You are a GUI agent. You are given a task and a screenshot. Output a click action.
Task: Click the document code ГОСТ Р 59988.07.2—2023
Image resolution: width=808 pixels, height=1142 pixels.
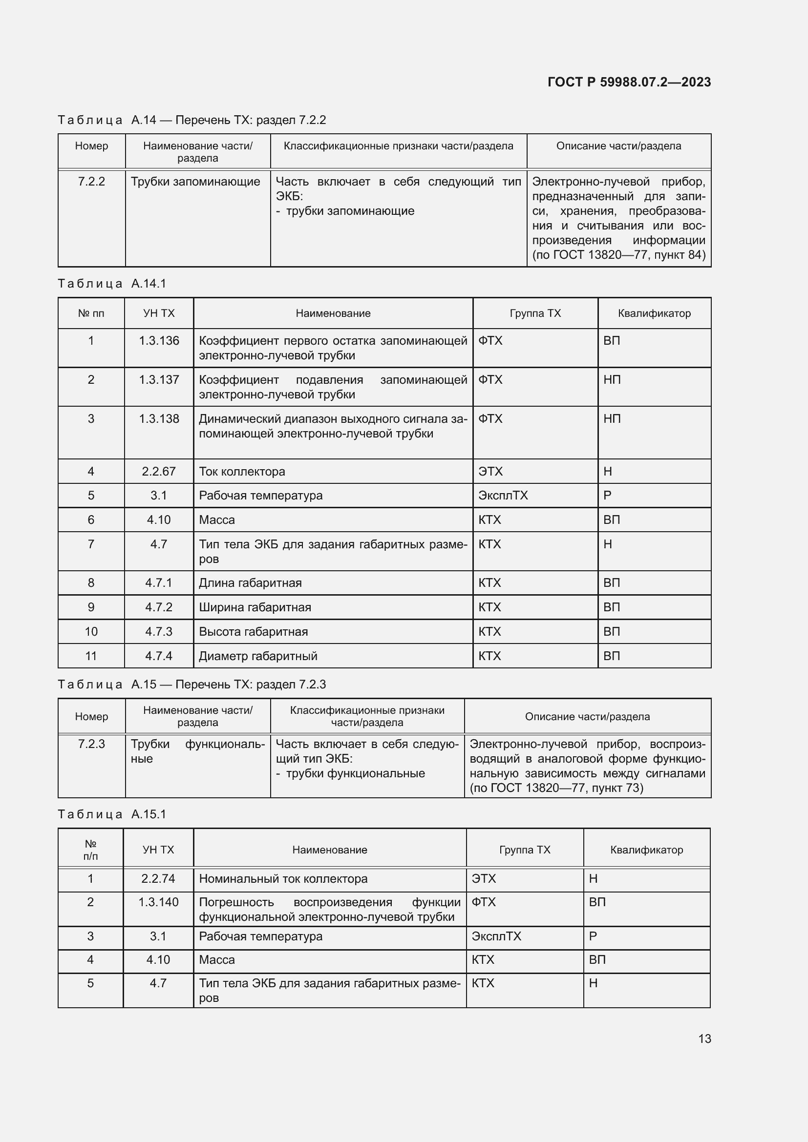tap(629, 82)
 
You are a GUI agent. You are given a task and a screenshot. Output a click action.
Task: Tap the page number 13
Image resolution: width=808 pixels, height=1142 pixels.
tap(704, 1038)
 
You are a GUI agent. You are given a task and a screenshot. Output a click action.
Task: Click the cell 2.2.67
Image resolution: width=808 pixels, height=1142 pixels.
tap(159, 471)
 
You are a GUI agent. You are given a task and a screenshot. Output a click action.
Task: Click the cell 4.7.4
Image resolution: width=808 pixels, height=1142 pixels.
tap(159, 656)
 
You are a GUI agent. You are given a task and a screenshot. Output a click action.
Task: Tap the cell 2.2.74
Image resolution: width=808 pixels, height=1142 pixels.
tap(158, 878)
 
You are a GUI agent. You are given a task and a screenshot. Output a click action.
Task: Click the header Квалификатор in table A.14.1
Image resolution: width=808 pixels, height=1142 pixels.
tap(654, 313)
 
